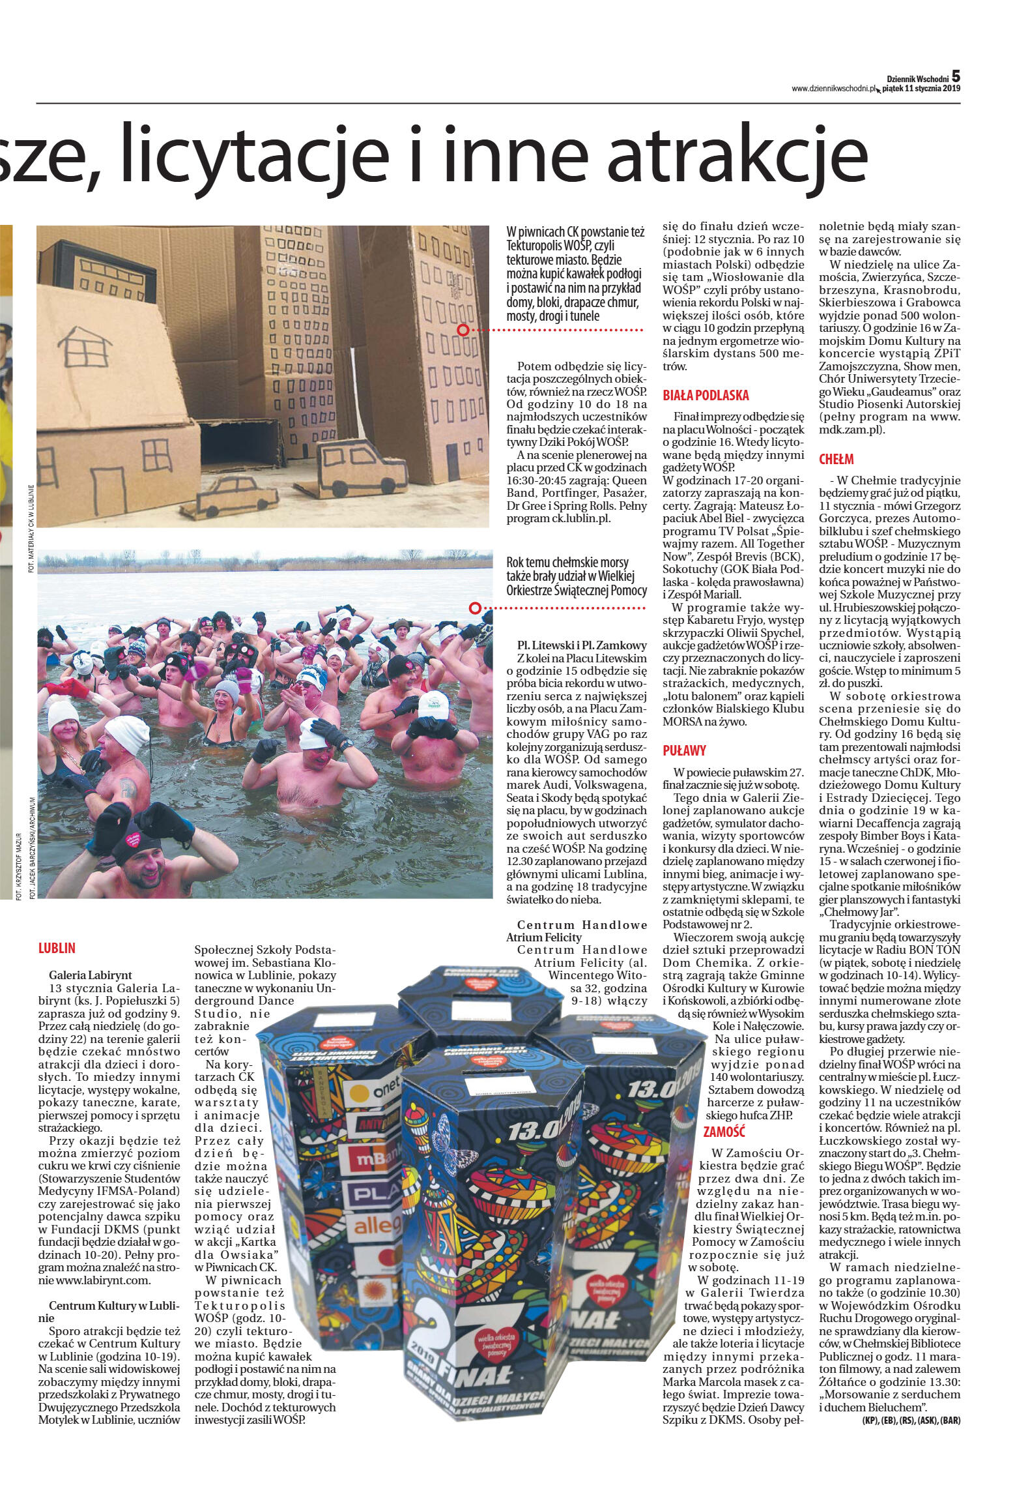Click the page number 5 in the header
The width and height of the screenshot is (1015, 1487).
(956, 76)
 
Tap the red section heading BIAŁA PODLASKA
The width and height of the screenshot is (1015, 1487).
(706, 395)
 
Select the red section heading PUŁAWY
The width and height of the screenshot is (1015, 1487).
(684, 750)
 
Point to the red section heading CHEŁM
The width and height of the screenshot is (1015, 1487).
(836, 459)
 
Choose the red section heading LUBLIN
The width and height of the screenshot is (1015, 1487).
(57, 949)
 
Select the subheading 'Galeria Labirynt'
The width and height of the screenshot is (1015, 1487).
(91, 975)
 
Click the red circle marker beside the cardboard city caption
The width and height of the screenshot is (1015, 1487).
(463, 331)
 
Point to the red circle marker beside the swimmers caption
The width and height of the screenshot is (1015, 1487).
(475, 608)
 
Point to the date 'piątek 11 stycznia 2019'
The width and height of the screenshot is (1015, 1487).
(922, 89)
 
